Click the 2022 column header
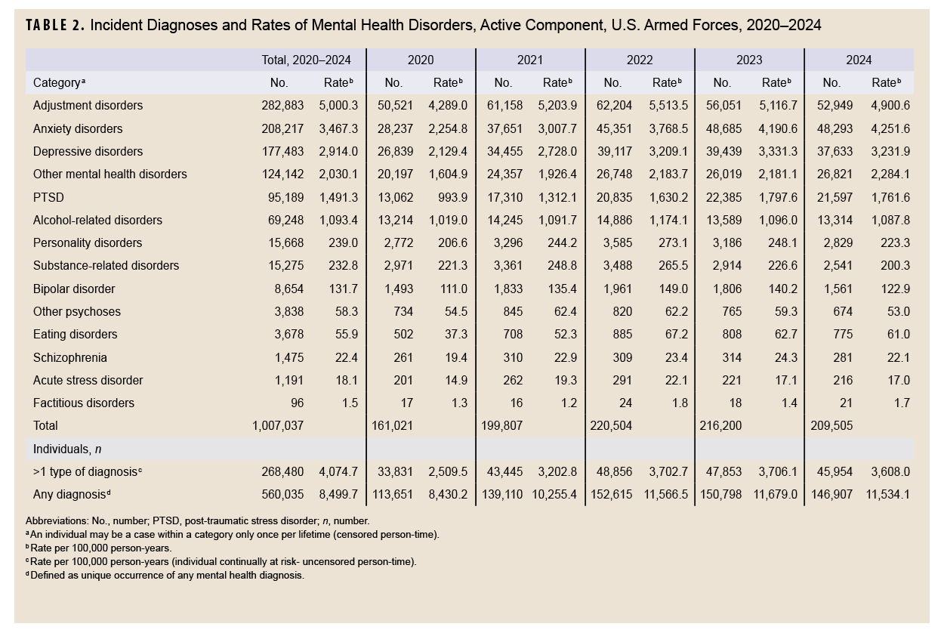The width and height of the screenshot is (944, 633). tap(639, 60)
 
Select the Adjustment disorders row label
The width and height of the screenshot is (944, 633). tap(88, 106)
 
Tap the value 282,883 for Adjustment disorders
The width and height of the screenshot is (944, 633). tap(282, 106)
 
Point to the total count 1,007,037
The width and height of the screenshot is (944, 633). tap(278, 426)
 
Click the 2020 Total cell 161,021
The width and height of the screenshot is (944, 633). tap(393, 426)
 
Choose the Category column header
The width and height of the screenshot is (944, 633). tap(57, 83)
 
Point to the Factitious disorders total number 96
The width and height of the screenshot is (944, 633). tap(296, 403)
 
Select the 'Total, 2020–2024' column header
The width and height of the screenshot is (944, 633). tap(305, 60)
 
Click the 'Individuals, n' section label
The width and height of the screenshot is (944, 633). tap(67, 449)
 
